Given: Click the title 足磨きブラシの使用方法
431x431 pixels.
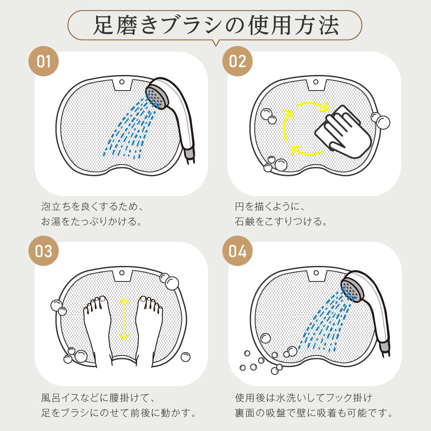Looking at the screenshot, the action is coord(216,25).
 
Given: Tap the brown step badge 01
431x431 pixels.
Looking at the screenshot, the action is coord(44,61).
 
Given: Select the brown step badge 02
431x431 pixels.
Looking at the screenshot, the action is coord(237,61).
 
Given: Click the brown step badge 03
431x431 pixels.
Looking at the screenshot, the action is coord(44,251).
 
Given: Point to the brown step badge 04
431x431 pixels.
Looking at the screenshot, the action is coord(237,251).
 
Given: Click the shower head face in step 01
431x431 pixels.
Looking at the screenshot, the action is coord(156,97).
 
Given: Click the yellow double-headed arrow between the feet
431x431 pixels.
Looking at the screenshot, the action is coord(124,319).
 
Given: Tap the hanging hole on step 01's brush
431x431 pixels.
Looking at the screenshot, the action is coord(122,82).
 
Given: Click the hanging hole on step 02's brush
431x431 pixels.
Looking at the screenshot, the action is coord(316,82).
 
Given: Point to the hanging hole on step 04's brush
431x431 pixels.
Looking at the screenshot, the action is coord(316,273).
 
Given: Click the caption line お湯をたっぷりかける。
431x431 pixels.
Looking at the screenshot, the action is coord(91,222).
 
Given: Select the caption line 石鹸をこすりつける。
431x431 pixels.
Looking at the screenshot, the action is coord(281,222).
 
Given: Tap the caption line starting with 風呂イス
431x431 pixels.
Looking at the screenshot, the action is coord(98,398).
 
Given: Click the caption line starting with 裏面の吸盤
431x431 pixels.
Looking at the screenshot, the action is coord(314,413).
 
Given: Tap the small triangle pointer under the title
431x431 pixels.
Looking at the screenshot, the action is coord(216,43).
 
